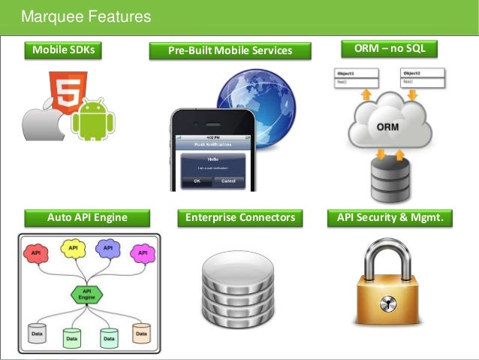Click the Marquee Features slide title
point(86,17)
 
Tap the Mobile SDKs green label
point(63,50)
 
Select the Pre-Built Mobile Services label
point(230,51)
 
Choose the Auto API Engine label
point(87,218)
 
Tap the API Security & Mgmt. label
point(390,218)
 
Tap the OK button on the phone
point(197,181)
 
